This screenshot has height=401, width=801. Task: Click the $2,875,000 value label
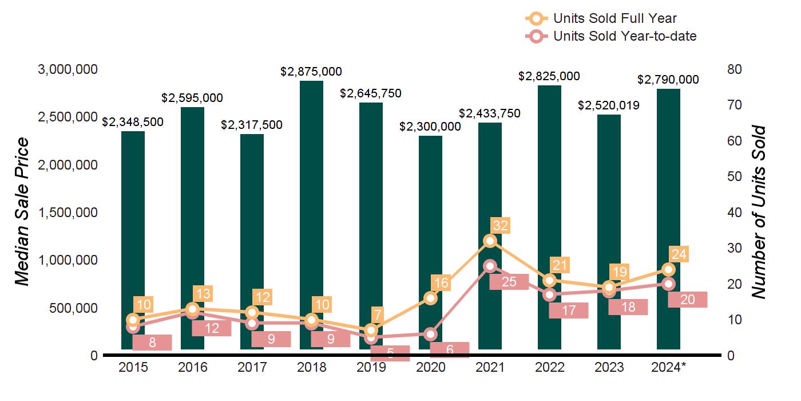(311, 72)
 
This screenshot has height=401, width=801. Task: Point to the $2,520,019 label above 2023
(609, 105)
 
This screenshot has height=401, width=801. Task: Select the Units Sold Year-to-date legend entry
(610, 36)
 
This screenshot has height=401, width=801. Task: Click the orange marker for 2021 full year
(490, 241)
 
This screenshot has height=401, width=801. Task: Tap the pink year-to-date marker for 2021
(490, 266)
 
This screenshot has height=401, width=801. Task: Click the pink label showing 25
(509, 282)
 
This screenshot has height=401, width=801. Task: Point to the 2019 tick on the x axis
(371, 367)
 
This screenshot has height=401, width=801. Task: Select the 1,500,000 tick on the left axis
(68, 213)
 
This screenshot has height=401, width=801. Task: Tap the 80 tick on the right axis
(734, 69)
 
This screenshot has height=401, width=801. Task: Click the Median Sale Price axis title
(22, 212)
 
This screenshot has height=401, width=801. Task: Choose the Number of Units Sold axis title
(759, 212)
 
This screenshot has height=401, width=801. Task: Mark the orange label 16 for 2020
(441, 282)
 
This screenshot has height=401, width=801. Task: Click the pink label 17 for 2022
(568, 310)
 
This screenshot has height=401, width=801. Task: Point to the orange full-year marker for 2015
(133, 320)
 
